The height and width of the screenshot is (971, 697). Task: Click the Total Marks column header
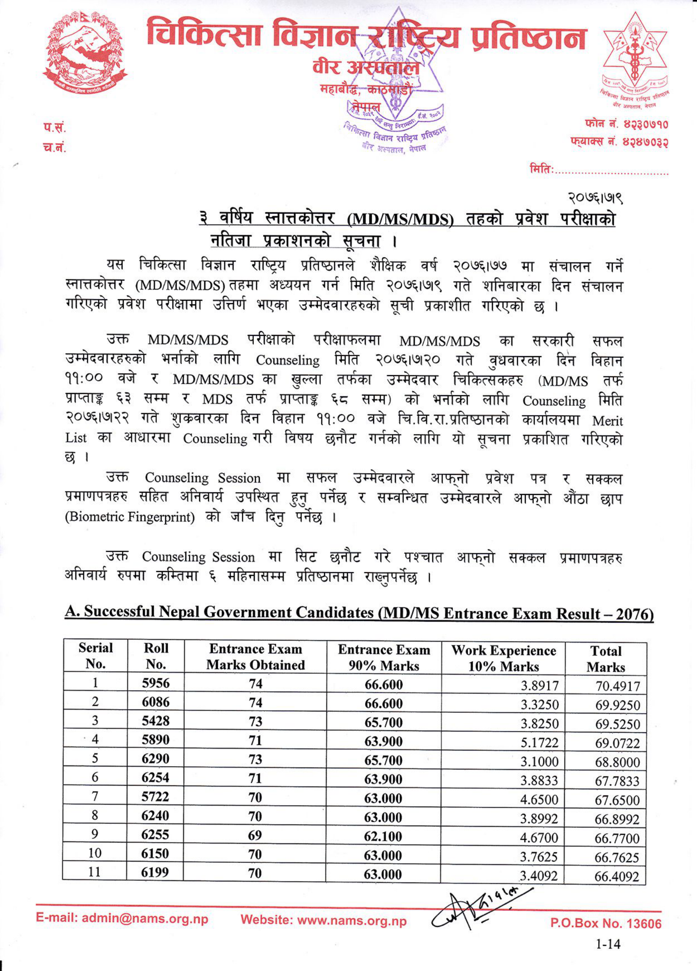click(x=605, y=658)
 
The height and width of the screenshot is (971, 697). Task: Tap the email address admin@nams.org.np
click(x=122, y=919)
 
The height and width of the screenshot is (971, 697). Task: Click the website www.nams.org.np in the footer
click(x=323, y=920)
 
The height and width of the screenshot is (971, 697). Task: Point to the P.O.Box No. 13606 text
click(x=605, y=924)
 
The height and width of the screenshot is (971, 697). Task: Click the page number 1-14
click(x=608, y=943)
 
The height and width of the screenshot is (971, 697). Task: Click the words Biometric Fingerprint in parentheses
click(x=130, y=517)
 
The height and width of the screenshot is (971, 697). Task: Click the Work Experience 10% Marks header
click(x=503, y=658)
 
